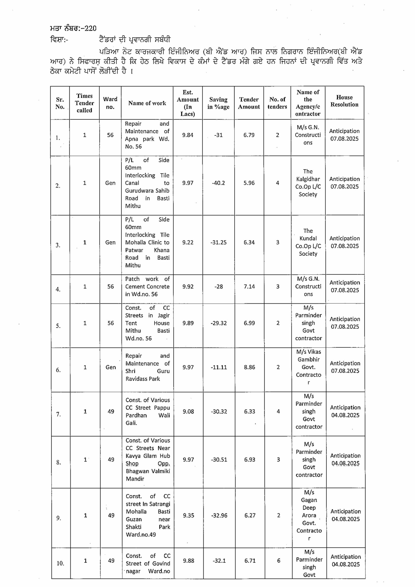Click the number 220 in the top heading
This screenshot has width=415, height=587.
click(x=90, y=28)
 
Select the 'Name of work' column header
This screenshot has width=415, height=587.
click(x=147, y=103)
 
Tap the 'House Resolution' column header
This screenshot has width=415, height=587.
click(x=344, y=101)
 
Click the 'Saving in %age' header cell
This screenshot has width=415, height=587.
click(x=218, y=103)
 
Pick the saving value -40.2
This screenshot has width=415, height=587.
click(x=218, y=183)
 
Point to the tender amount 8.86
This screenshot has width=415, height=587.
click(x=249, y=367)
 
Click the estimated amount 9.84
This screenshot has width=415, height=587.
click(x=188, y=135)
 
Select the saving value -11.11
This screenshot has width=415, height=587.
click(x=219, y=367)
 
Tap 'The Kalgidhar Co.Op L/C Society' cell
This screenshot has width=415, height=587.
click(x=308, y=183)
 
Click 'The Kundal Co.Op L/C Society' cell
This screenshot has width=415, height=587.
click(x=308, y=242)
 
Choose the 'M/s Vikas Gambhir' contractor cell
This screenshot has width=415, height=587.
click(x=309, y=367)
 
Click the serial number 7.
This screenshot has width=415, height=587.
click(x=58, y=414)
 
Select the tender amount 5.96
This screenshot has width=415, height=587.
click(x=249, y=183)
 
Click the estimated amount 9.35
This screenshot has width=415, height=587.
click(x=188, y=515)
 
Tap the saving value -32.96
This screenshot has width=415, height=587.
click(x=219, y=515)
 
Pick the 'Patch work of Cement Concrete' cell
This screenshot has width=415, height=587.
click(x=147, y=286)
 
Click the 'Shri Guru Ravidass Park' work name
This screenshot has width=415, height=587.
click(x=147, y=367)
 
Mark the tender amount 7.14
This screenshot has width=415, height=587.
click(x=249, y=286)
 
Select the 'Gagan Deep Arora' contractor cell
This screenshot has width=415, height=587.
click(x=309, y=515)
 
